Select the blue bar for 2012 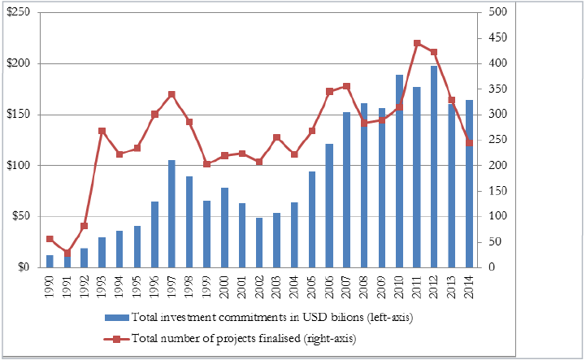434,167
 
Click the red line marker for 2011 417,43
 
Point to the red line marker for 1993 102,131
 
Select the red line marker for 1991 67,253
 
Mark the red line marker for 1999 206,164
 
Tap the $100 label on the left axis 18,166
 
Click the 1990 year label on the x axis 50,286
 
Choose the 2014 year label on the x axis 469,286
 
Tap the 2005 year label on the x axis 312,286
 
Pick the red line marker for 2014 469,143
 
